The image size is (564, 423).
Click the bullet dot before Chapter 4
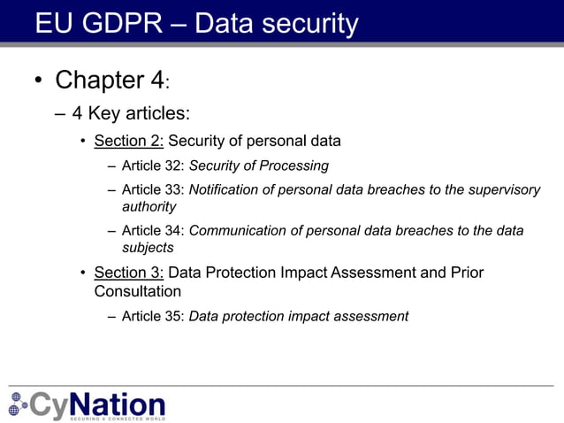tap(38, 81)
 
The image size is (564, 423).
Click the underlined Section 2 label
tap(129, 141)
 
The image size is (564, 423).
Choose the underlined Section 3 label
tap(129, 273)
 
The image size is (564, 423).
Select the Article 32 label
tap(153, 165)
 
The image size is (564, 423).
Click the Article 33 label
tap(153, 189)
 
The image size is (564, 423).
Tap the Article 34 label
tap(153, 231)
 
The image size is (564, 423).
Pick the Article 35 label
tap(153, 316)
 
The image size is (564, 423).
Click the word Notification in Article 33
tap(225, 189)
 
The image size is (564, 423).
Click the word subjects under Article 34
tap(148, 248)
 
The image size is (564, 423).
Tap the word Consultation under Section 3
tap(138, 291)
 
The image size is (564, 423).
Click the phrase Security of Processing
tap(259, 165)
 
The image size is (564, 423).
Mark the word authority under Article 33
tap(149, 206)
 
